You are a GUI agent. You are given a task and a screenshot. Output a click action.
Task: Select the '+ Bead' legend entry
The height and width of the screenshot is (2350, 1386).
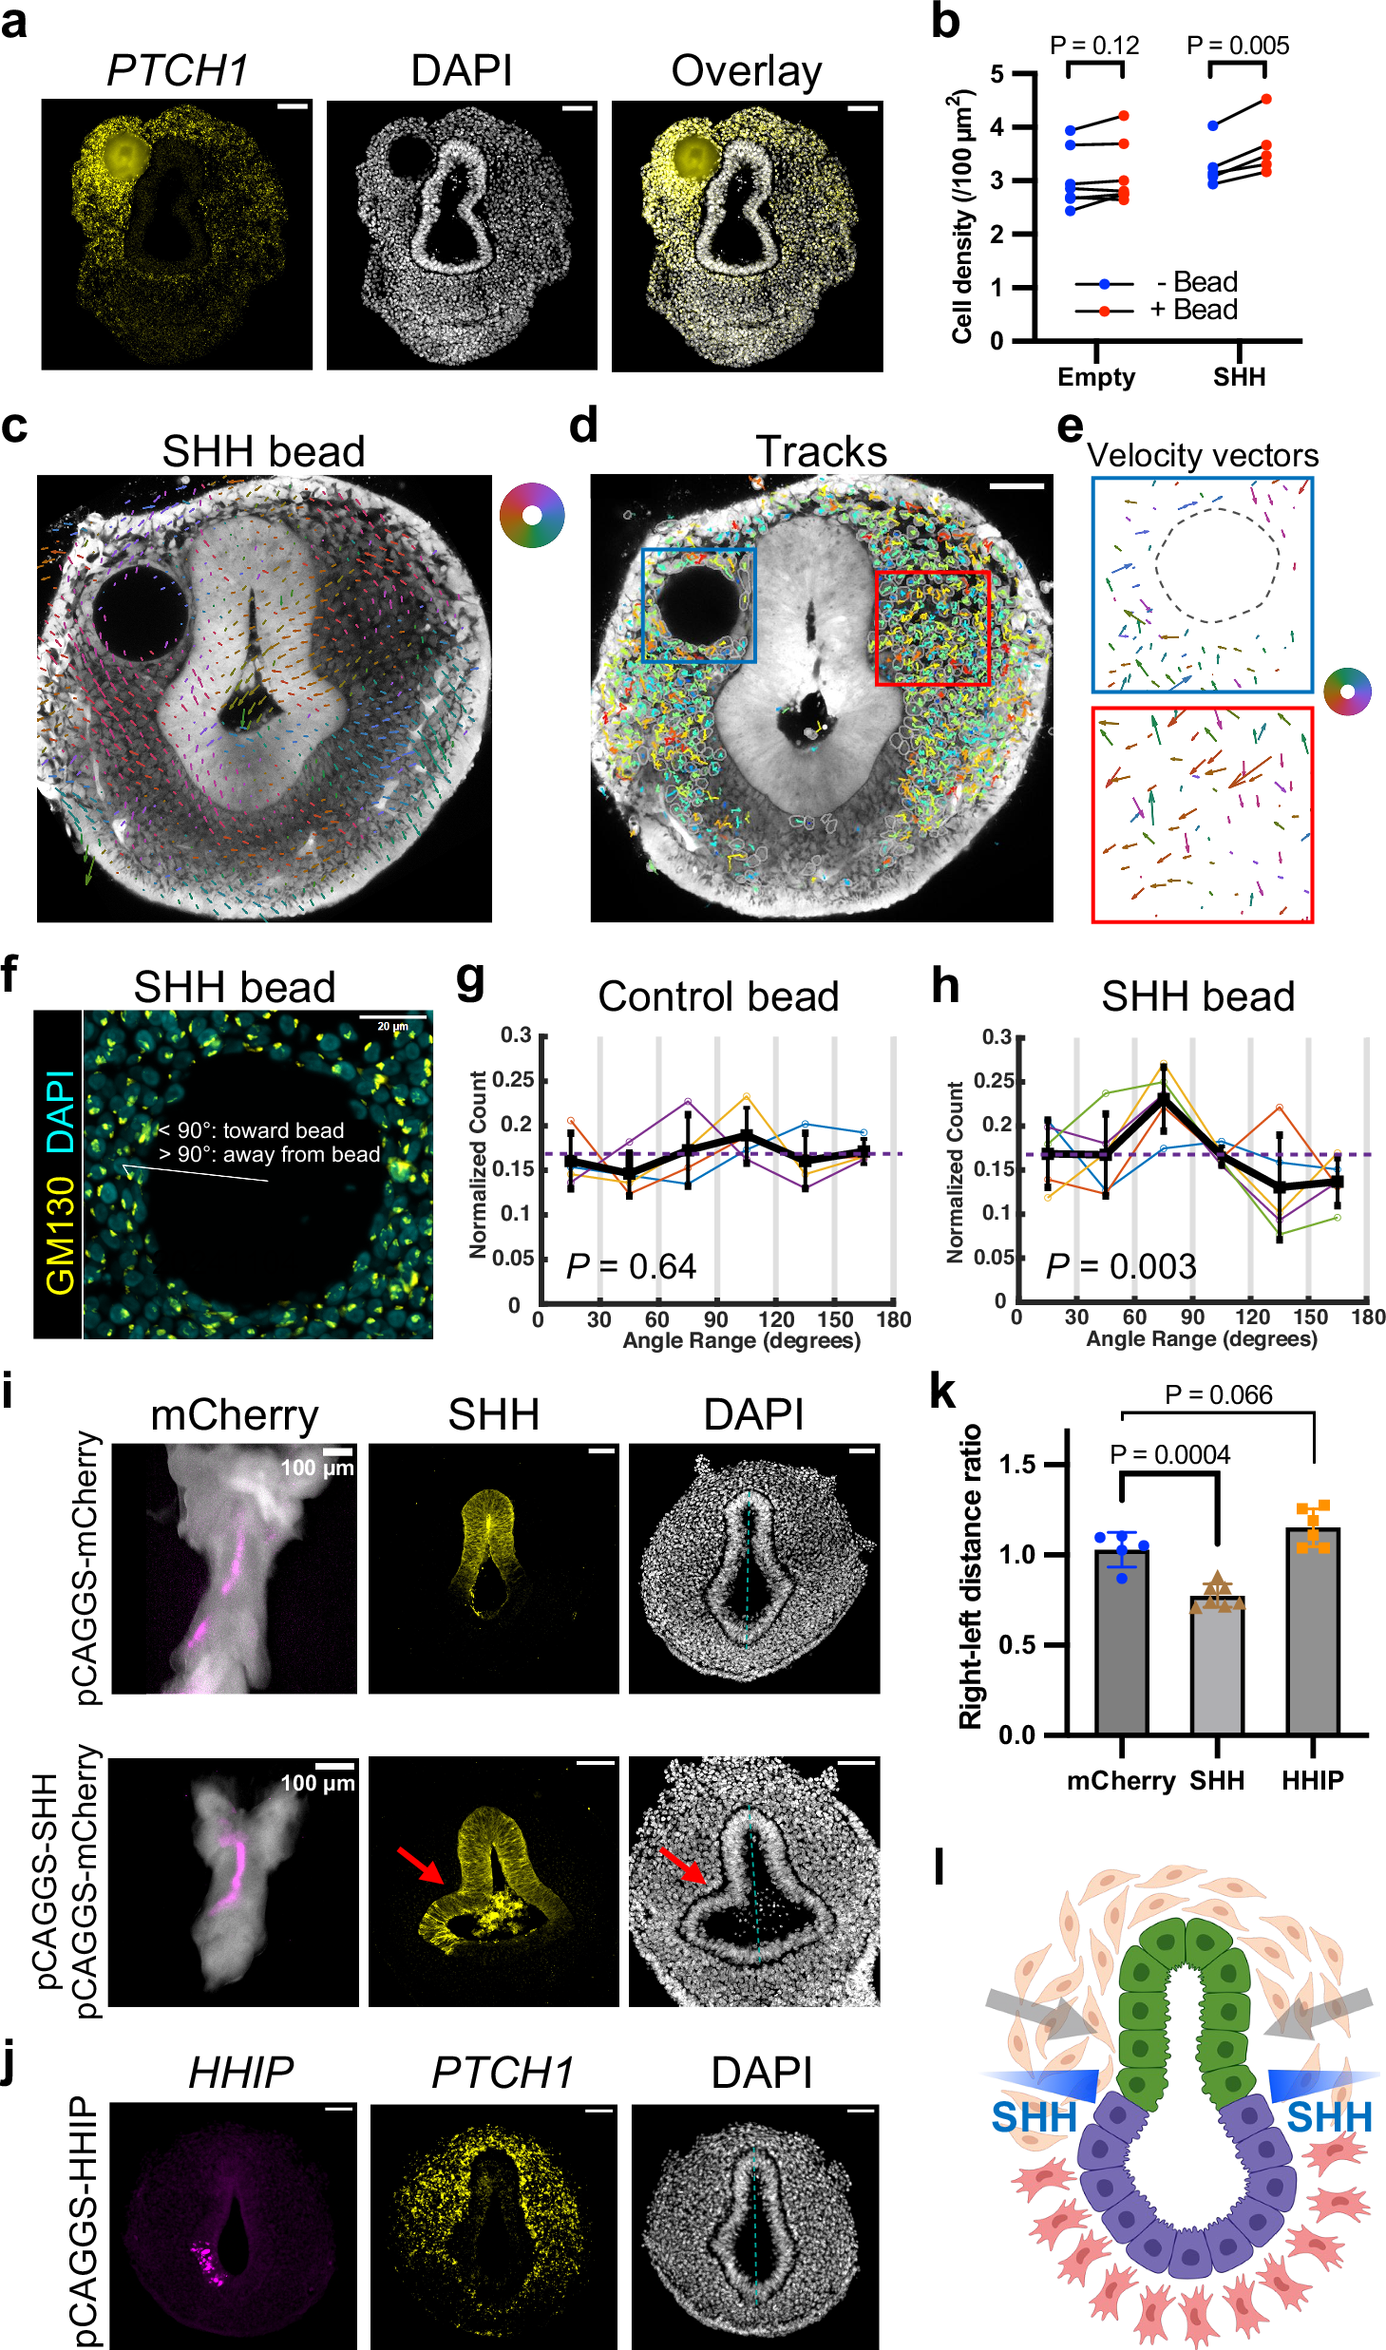(1193, 311)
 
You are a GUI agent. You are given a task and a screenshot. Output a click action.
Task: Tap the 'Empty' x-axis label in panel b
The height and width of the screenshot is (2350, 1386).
(1096, 377)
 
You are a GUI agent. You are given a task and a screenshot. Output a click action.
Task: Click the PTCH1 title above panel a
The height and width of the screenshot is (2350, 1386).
(177, 71)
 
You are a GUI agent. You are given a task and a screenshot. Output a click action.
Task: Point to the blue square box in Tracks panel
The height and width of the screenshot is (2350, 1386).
(699, 604)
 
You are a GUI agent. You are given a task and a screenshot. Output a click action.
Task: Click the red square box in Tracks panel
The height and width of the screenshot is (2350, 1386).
(932, 628)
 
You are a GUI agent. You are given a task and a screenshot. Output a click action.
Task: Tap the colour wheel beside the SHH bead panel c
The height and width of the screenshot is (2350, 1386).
(532, 515)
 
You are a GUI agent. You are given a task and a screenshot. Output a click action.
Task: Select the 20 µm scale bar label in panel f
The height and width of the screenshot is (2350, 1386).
(392, 1026)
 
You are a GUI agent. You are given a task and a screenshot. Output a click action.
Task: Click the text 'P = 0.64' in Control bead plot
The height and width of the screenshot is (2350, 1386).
(631, 1267)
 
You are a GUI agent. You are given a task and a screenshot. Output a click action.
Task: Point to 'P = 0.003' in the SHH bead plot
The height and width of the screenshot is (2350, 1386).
(1120, 1267)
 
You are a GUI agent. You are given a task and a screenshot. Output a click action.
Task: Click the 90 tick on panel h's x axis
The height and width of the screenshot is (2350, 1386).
(1192, 1317)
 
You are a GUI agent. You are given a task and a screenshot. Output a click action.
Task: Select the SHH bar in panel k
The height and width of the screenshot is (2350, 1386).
(1217, 1664)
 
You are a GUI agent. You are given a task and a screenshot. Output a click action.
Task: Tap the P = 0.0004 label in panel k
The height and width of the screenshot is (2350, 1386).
(1169, 1455)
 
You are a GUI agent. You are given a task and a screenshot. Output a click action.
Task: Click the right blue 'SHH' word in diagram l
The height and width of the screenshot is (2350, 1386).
(1329, 2117)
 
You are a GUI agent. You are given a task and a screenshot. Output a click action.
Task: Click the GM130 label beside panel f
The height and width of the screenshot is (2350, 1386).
(60, 1236)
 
